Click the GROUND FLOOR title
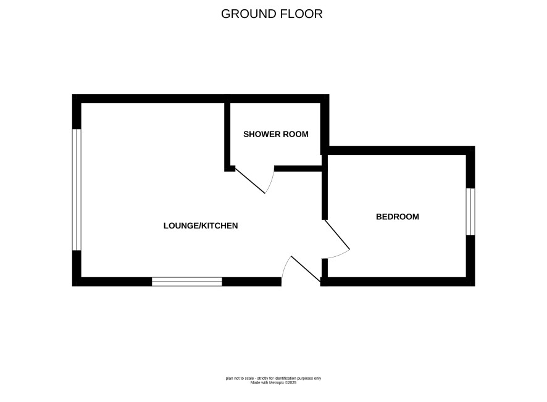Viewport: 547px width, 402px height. [272, 14]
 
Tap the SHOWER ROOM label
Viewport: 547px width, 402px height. [275, 135]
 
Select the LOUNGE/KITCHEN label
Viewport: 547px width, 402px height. [201, 226]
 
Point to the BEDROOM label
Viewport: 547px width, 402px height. [398, 217]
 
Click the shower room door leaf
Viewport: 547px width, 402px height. [250, 181]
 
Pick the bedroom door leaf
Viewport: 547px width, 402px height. [337, 234]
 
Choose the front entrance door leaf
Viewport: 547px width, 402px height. [306, 269]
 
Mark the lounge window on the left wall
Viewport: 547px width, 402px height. [77, 190]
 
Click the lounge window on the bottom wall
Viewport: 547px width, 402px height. [187, 282]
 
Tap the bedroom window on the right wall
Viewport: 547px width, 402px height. [470, 212]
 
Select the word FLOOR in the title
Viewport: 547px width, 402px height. [302, 14]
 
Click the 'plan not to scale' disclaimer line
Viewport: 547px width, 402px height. [273, 379]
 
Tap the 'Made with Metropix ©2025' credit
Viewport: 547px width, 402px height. [273, 382]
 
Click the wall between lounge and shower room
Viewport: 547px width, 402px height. [227, 135]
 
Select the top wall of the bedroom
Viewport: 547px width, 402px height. [398, 151]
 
